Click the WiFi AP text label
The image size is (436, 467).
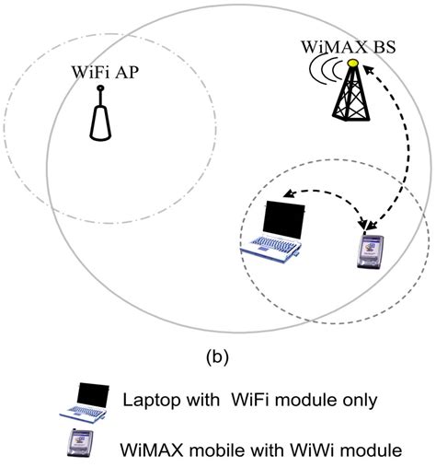click(101, 71)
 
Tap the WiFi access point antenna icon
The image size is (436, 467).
click(102, 120)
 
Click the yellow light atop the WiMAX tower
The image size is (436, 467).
click(352, 63)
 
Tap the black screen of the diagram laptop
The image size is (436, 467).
click(280, 218)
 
